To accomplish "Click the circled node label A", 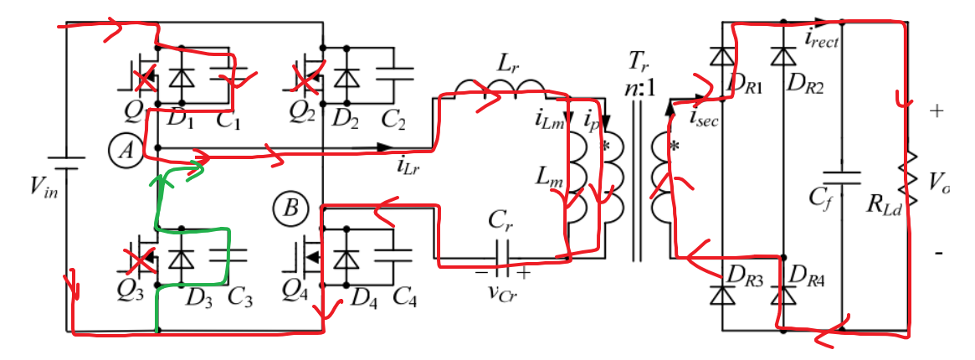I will pyautogui.click(x=126, y=151).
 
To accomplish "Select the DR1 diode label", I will pyautogui.click(x=747, y=86).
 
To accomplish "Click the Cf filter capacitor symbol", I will pyautogui.click(x=841, y=177).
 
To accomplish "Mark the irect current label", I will pyautogui.click(x=824, y=37).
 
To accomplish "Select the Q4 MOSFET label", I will pyautogui.click(x=297, y=296).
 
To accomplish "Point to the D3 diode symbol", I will pyautogui.click(x=176, y=259).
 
